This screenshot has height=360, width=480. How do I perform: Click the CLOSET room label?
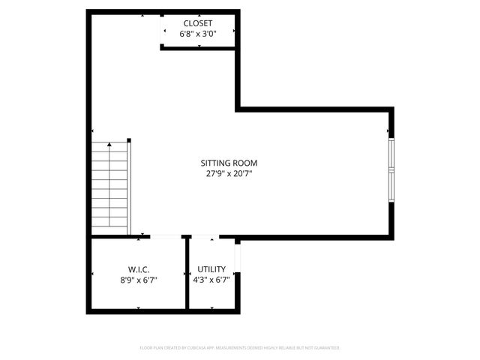(198, 23)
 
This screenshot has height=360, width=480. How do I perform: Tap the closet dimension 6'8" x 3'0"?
(198, 34)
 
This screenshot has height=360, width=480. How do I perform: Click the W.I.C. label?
(138, 268)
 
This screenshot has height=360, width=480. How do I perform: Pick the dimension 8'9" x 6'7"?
(138, 279)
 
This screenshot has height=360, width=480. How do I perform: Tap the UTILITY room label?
(211, 268)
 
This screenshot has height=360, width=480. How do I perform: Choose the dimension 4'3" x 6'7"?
(211, 279)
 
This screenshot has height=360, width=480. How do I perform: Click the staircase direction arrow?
(109, 144)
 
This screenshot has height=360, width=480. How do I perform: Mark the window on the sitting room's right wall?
(391, 169)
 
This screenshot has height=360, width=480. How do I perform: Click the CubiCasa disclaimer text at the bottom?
(240, 348)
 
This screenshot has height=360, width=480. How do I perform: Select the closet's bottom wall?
(199, 47)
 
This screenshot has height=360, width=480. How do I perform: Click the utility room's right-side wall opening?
(236, 259)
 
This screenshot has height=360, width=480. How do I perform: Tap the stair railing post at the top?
(129, 140)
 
